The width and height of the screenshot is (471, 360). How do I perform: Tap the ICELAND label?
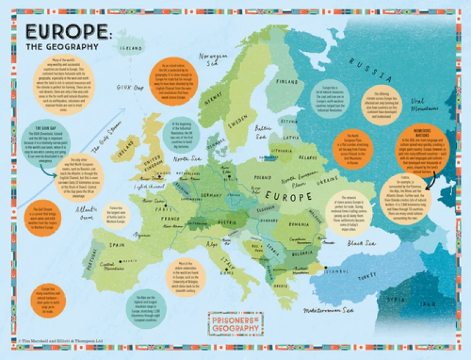pos(132,48)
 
